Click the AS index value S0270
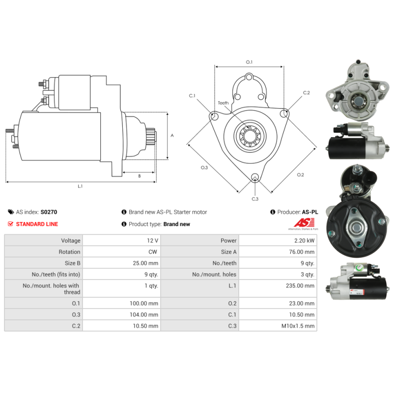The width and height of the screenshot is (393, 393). pos(49,212)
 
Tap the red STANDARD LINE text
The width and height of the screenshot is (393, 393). pos(37,224)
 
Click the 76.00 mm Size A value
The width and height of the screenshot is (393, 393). pos(302,252)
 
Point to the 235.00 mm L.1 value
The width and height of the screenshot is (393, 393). pos(300,286)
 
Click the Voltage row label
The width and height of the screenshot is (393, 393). pos(71,241)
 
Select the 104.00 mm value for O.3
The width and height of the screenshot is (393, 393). pos(144,314)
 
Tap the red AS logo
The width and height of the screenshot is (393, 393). pos(304,223)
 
